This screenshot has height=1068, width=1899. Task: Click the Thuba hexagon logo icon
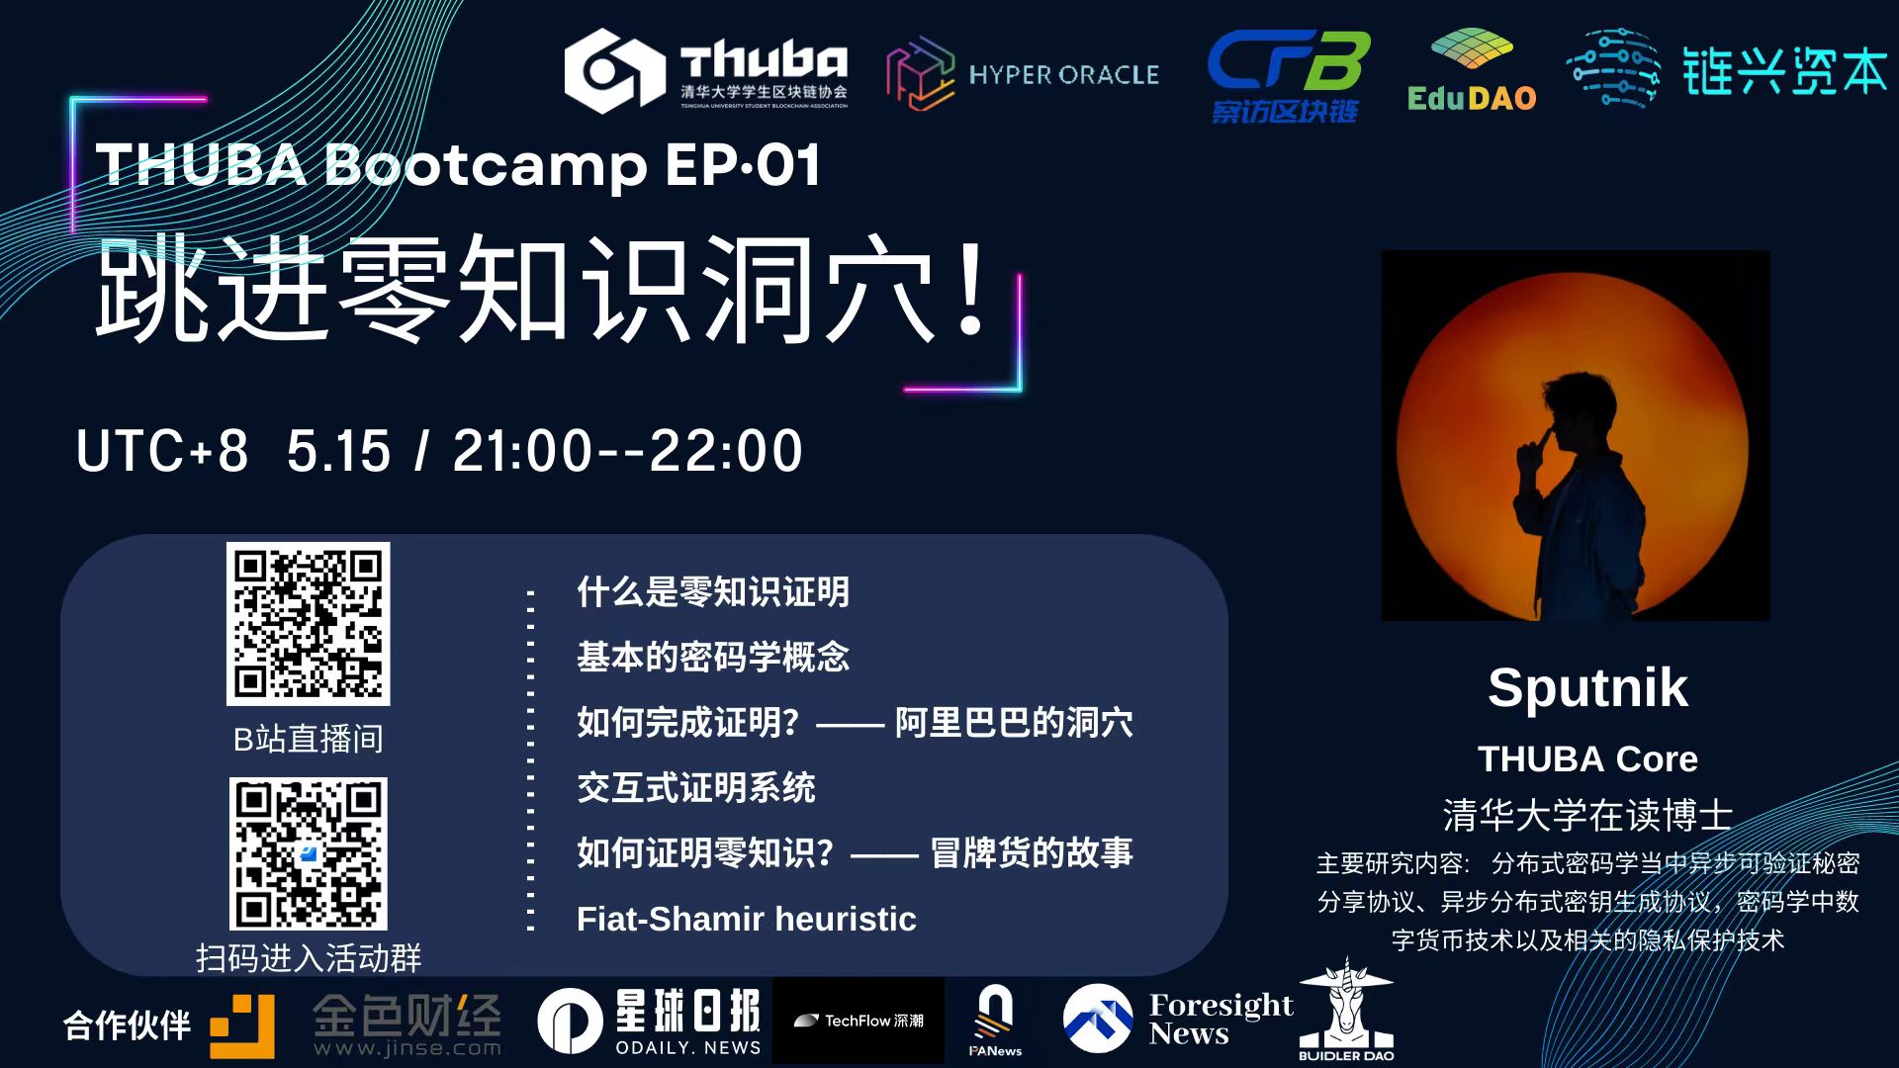[x=614, y=70]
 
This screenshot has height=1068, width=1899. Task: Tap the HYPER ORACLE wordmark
[x=1063, y=75]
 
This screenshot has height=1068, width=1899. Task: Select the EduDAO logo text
[x=1472, y=98]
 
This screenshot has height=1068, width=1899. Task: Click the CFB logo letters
[x=1289, y=60]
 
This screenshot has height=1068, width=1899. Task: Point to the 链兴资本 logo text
[x=1785, y=71]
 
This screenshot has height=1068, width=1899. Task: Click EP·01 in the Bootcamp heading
[x=743, y=164]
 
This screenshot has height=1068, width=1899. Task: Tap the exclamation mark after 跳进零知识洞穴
[x=971, y=288]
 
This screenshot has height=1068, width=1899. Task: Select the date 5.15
[x=338, y=451]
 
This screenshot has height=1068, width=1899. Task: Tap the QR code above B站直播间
[x=309, y=624]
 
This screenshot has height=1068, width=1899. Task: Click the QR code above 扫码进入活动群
[x=309, y=853]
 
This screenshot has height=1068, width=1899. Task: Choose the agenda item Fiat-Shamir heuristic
[x=747, y=919]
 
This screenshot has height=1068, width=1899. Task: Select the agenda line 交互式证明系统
[x=696, y=788]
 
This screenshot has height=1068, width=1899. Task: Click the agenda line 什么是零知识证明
[x=713, y=592]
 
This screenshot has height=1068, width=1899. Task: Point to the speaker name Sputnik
[x=1587, y=687]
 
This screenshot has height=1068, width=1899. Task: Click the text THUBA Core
[x=1587, y=758]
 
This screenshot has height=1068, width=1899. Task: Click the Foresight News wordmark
[x=1221, y=1019]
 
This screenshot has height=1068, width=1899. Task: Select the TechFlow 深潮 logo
[x=859, y=1021]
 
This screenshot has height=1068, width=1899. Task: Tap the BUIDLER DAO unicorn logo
[x=1346, y=1011]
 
